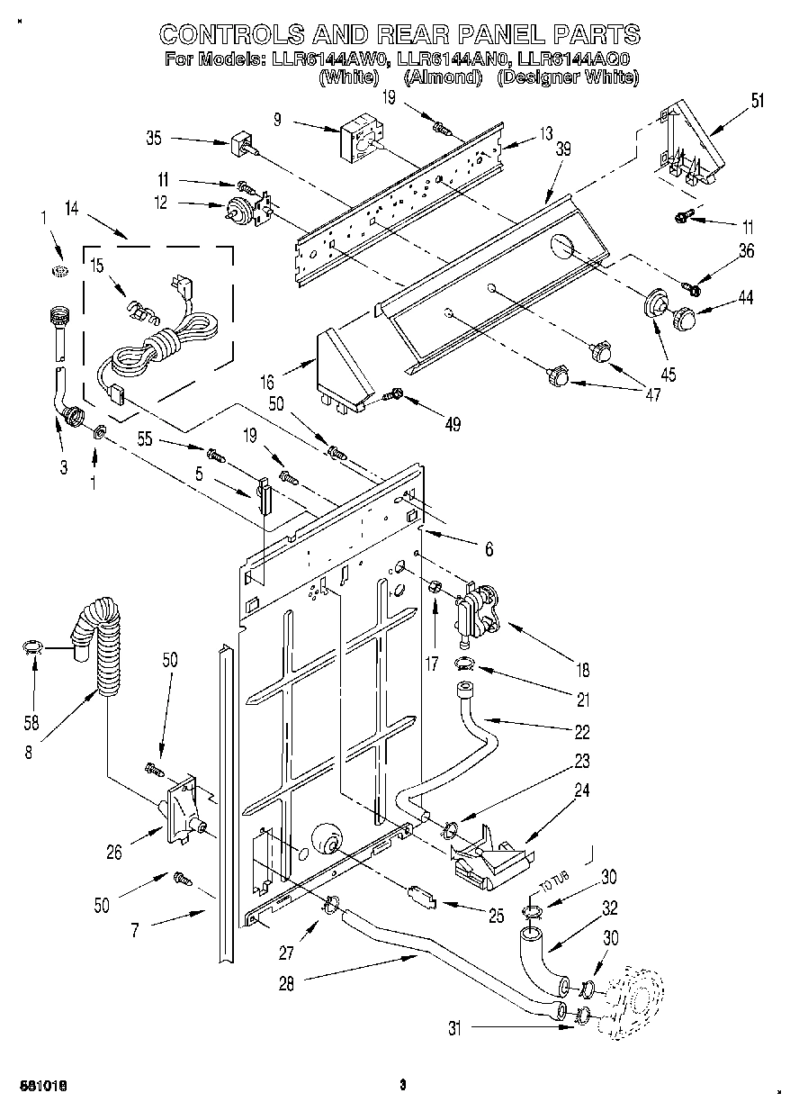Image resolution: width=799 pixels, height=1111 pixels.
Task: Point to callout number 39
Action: pyautogui.click(x=563, y=151)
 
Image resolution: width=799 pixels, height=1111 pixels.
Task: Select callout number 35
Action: pyautogui.click(x=154, y=139)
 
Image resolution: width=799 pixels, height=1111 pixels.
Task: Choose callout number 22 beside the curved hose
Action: pyautogui.click(x=583, y=730)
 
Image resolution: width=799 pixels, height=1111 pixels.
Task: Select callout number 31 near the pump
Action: pyautogui.click(x=455, y=1028)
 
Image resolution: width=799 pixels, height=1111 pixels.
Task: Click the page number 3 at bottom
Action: pyautogui.click(x=402, y=1086)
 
